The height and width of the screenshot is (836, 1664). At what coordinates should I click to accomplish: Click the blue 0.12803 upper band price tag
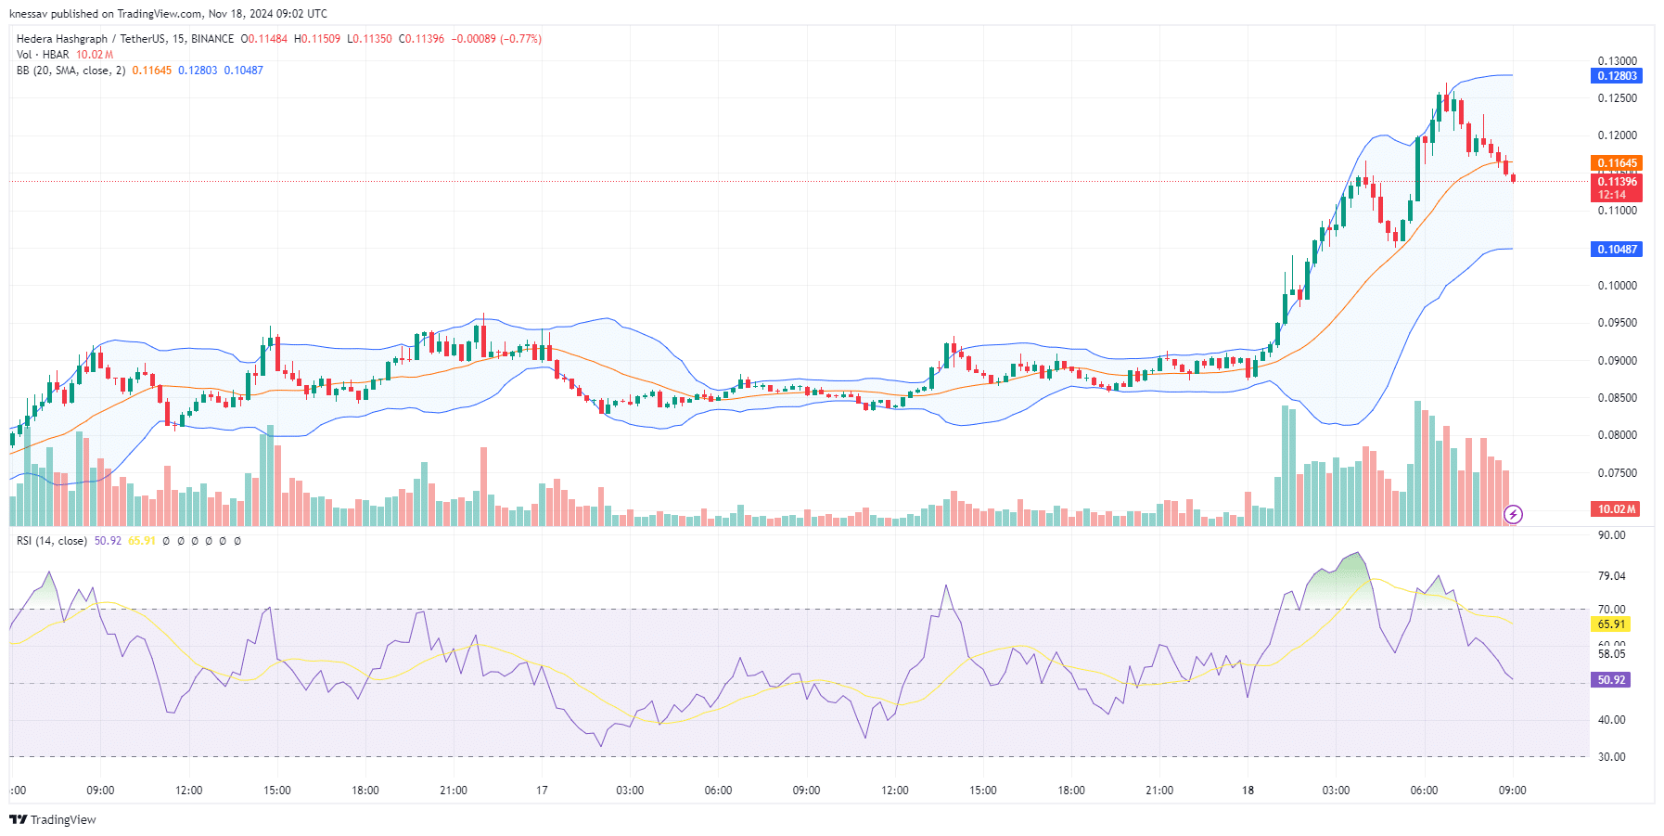point(1617,76)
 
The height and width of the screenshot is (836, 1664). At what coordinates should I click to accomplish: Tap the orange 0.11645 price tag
point(1617,163)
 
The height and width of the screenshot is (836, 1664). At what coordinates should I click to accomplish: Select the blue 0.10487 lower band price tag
point(1617,250)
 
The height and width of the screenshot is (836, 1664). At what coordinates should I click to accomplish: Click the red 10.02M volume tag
point(1617,509)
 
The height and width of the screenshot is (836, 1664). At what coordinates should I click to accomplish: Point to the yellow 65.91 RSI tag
point(1611,624)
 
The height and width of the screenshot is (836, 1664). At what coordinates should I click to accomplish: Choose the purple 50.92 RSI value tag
point(1611,680)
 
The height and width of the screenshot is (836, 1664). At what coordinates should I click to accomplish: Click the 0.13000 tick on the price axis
point(1617,61)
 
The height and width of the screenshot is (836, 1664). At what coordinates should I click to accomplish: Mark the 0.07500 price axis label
point(1617,473)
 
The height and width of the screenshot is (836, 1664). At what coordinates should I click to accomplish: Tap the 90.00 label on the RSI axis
point(1611,535)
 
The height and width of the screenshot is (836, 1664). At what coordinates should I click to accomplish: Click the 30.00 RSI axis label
point(1611,757)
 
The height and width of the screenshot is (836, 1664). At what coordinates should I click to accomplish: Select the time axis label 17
point(542,791)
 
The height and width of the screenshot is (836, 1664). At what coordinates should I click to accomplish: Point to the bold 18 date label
point(1248,791)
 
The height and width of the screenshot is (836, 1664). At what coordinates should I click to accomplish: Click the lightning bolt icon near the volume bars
point(1513,514)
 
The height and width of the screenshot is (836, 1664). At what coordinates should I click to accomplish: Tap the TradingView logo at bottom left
point(53,819)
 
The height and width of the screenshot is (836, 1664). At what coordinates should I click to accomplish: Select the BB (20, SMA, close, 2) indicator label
point(70,71)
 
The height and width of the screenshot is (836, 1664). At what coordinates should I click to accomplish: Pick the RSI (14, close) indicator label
point(52,541)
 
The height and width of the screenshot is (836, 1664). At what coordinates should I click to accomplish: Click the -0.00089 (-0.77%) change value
point(496,39)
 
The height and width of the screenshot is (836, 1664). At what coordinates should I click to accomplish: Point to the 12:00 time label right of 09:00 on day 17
point(895,791)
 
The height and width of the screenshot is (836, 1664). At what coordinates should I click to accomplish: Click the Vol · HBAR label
point(43,55)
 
